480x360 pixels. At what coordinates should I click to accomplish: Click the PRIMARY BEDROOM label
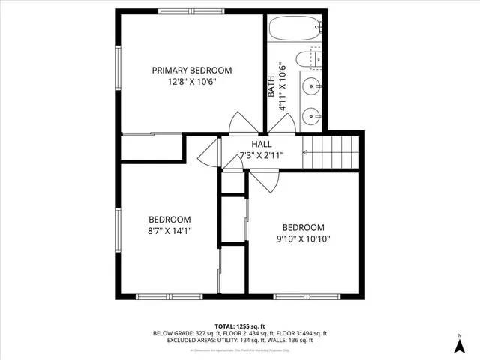pyautogui.click(x=192, y=70)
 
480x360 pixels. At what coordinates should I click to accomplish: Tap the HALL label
pyautogui.click(x=262, y=144)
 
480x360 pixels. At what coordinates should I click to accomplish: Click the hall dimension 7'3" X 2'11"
pyautogui.click(x=262, y=156)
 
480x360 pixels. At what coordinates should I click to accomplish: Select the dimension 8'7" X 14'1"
pyautogui.click(x=169, y=232)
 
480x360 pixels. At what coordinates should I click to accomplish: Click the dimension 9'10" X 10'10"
pyautogui.click(x=303, y=239)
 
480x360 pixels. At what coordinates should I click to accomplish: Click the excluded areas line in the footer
pyautogui.click(x=240, y=340)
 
